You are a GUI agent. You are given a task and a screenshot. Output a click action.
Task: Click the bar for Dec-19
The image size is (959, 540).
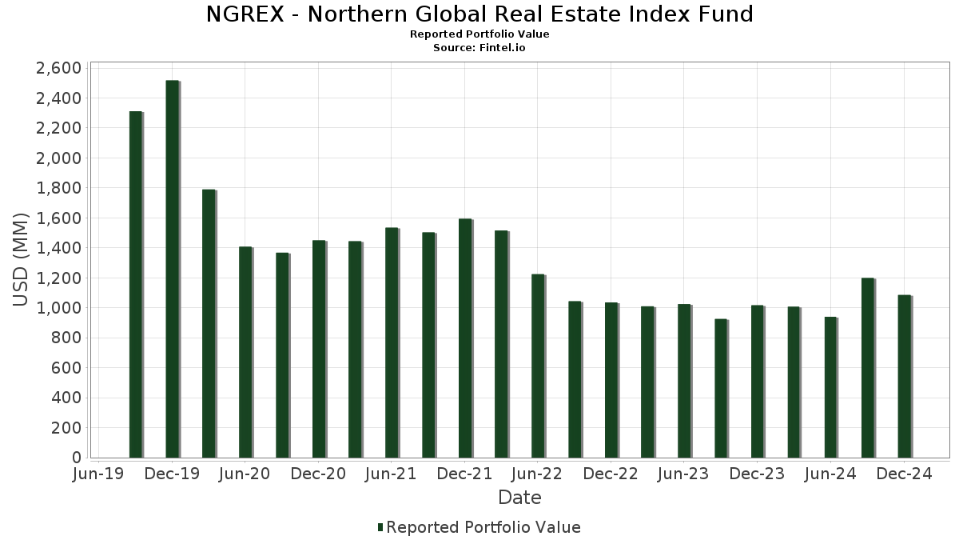point(172,269)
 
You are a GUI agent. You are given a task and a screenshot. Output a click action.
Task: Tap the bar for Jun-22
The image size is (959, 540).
point(538,366)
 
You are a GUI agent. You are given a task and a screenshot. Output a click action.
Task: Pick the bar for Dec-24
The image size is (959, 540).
point(904,376)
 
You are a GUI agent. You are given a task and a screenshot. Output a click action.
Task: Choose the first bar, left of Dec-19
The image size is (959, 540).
point(136,284)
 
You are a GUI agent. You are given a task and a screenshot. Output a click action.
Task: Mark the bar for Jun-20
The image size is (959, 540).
point(245,352)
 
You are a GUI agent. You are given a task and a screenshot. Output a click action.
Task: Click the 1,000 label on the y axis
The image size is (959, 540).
point(58,308)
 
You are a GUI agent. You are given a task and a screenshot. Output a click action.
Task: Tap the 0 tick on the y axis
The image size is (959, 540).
point(76,458)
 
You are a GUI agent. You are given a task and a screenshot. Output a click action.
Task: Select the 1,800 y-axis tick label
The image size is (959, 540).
point(58,188)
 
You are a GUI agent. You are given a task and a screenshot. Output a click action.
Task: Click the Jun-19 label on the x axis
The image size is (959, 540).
point(98,474)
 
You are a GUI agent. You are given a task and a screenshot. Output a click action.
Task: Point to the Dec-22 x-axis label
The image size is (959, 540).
point(611,474)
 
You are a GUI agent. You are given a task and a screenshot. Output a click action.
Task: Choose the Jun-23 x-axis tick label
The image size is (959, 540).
point(683,474)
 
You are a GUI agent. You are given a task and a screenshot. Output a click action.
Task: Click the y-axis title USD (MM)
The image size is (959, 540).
point(22,260)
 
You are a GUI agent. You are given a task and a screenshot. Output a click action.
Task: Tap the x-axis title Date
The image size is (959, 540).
point(519,498)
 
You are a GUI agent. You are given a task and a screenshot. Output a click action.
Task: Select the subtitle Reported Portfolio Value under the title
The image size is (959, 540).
point(479,34)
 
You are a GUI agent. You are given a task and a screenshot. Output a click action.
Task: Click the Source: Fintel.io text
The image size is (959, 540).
point(479,48)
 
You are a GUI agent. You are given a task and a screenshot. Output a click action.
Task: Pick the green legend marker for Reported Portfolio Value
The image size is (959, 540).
point(380,527)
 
